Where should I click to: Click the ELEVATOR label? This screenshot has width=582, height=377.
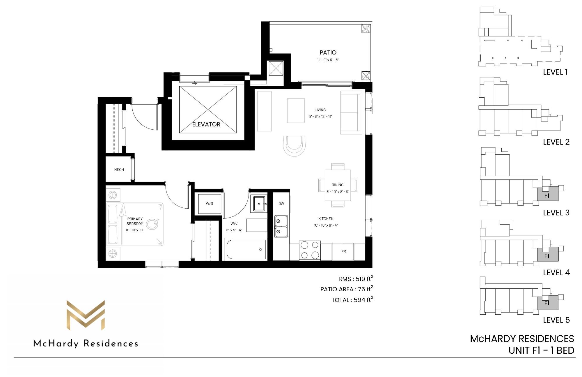(206, 124)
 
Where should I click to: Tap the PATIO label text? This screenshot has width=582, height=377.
(328, 52)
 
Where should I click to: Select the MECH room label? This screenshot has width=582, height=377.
(119, 170)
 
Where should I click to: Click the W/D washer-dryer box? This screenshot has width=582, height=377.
(210, 203)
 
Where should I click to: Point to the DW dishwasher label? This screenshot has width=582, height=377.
(281, 204)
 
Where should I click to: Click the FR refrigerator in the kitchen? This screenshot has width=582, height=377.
(343, 251)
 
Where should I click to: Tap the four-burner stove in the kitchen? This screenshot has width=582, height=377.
(310, 250)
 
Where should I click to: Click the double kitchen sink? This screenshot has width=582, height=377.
(281, 226)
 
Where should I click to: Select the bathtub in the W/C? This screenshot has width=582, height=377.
(246, 249)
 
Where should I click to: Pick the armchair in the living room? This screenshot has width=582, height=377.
(294, 146)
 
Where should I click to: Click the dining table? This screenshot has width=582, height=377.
(338, 185)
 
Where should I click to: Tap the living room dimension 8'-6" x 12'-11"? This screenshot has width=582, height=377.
(320, 117)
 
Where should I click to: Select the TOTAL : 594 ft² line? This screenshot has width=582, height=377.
(352, 300)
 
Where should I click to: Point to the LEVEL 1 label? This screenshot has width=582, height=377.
(555, 72)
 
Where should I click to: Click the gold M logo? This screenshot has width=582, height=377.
(86, 315)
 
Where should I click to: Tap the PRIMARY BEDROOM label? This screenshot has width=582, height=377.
(135, 221)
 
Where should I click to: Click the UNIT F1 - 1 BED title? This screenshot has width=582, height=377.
(541, 350)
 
